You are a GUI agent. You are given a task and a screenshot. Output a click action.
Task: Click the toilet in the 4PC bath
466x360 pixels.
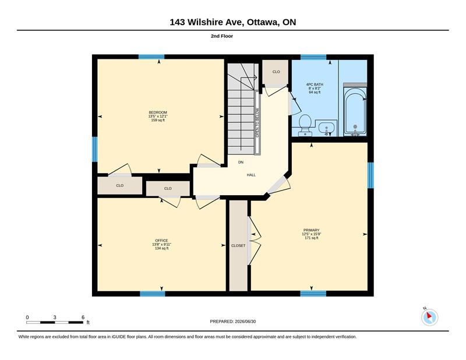[305, 125]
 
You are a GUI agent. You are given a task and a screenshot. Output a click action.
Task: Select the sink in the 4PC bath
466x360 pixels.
[326, 128]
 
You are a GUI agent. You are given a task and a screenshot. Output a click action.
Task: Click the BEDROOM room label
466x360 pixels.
[158, 112]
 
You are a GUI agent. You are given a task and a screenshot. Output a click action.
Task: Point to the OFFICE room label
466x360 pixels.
[161, 241]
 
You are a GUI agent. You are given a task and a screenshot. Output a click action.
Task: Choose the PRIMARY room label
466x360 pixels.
[311, 230]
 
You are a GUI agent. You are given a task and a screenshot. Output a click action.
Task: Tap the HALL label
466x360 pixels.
[251, 175]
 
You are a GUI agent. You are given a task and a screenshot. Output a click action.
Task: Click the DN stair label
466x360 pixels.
[241, 163]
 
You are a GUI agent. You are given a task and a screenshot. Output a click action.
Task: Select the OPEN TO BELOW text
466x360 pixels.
[257, 123]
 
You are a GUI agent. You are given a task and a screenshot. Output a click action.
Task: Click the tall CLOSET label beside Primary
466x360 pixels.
[238, 246]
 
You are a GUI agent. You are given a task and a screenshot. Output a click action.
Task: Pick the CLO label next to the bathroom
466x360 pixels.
[276, 72]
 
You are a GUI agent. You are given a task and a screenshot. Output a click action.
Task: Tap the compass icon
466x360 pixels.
[429, 317]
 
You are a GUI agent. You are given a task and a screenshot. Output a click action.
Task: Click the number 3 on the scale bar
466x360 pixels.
[55, 317]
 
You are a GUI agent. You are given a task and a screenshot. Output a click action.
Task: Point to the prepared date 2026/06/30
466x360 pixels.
[245, 322]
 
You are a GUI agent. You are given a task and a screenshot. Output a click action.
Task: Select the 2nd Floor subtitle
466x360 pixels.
[222, 36]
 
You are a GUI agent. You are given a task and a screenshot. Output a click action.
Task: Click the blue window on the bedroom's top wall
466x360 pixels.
[151, 57]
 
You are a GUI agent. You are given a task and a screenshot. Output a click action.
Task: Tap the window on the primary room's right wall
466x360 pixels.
[370, 175]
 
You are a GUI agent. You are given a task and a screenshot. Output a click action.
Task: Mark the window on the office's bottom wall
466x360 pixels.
[153, 294]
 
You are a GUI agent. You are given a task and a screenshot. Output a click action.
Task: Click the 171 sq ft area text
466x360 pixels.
[312, 238]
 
